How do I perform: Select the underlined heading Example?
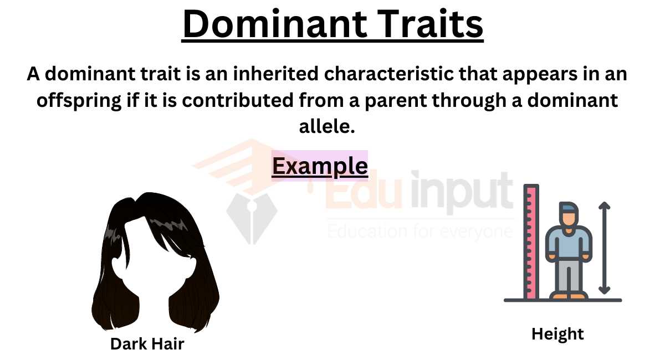(320, 166)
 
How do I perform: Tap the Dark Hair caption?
(147, 343)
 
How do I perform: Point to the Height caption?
(557, 334)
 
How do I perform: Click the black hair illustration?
(155, 260)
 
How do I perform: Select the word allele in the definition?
(326, 127)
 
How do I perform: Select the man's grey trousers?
(568, 277)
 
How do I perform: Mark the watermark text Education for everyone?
(420, 230)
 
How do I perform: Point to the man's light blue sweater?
(568, 244)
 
